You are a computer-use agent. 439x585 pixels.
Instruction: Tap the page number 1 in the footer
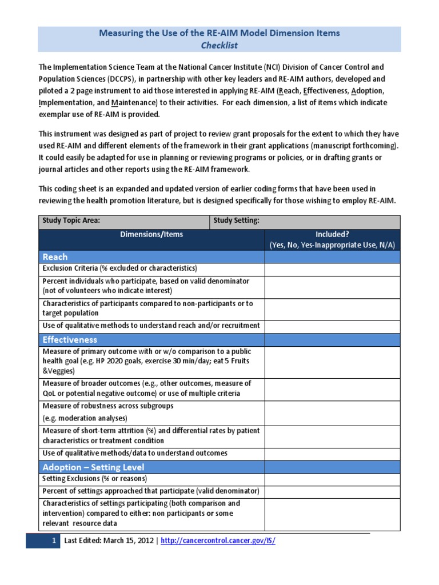click(x=53, y=541)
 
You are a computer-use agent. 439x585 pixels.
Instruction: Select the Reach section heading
click(x=55, y=257)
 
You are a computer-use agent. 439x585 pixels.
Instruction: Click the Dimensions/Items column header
click(x=151, y=234)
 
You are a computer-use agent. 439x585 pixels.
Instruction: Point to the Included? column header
click(x=332, y=234)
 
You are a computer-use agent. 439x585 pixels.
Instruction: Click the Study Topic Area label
click(x=71, y=221)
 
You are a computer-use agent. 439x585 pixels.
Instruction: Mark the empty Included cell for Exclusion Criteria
click(x=332, y=269)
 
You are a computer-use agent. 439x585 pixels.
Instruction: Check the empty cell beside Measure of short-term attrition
click(x=332, y=436)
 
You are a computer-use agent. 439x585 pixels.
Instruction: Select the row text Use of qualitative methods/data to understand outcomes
click(x=135, y=453)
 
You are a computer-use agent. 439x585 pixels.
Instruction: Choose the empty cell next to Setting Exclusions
click(x=332, y=479)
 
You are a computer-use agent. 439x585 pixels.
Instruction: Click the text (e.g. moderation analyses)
click(x=85, y=418)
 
